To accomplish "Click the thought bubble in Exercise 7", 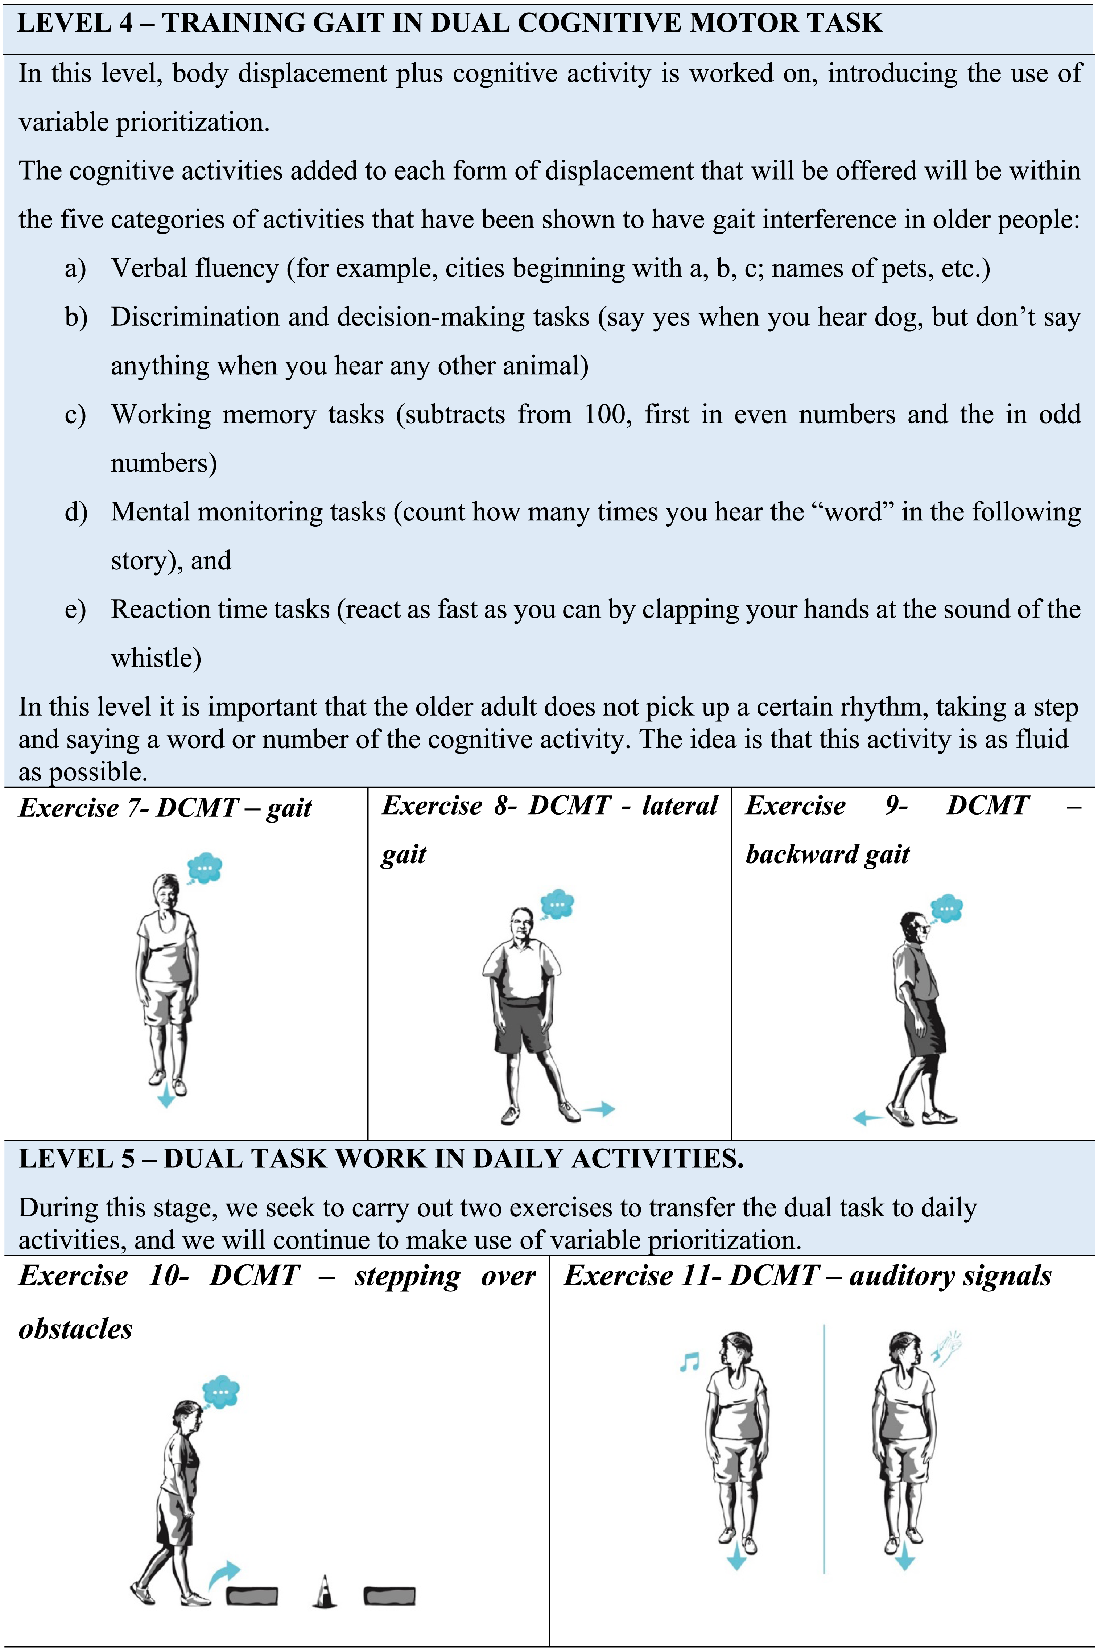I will [x=205, y=869].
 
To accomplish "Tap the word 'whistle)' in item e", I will [x=156, y=658].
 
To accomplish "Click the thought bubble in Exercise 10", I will [x=220, y=1392].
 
